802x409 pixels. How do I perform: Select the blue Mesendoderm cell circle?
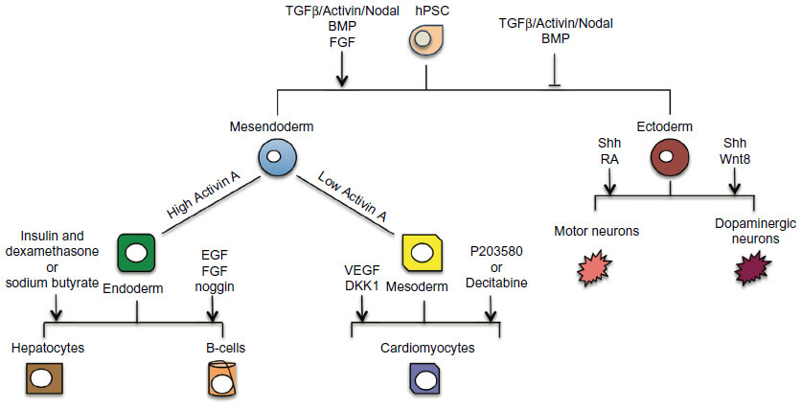point(273,156)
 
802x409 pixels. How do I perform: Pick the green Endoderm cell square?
point(137,252)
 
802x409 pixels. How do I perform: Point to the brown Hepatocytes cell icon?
point(41,377)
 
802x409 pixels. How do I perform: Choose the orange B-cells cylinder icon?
point(222,379)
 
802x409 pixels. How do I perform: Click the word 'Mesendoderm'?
point(272,125)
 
